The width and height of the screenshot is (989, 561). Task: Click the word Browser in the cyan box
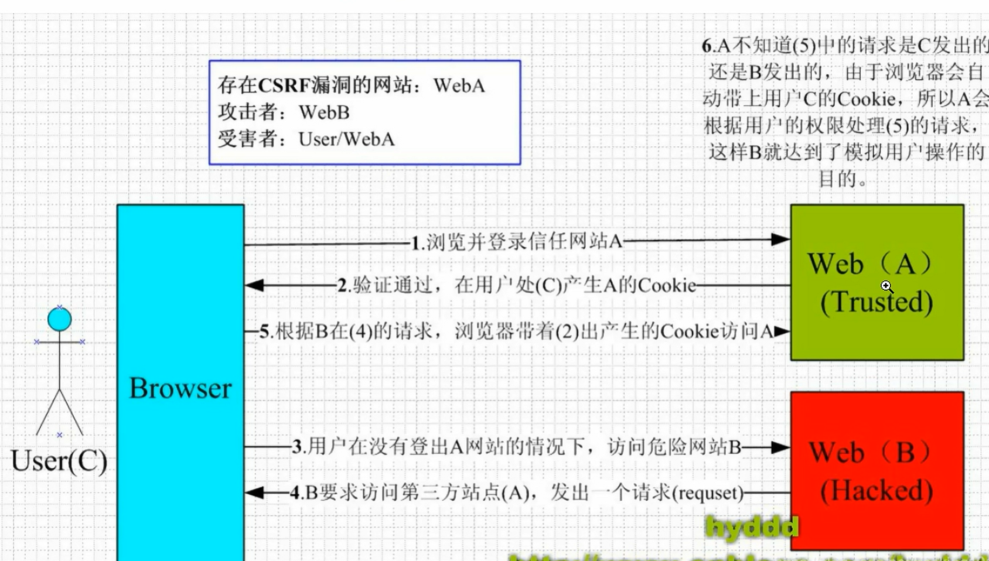180,388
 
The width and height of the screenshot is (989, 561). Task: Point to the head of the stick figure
59,319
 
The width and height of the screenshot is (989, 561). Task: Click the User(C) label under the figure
59,461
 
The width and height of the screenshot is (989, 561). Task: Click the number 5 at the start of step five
264,332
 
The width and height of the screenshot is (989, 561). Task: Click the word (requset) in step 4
708,493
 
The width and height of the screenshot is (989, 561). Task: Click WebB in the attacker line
324,112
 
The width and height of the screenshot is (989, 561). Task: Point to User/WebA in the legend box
346,139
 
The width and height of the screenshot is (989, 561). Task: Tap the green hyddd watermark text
752,527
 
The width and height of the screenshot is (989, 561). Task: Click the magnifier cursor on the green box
886,286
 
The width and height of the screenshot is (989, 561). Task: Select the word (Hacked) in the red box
877,491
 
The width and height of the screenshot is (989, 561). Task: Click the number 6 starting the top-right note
707,46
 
